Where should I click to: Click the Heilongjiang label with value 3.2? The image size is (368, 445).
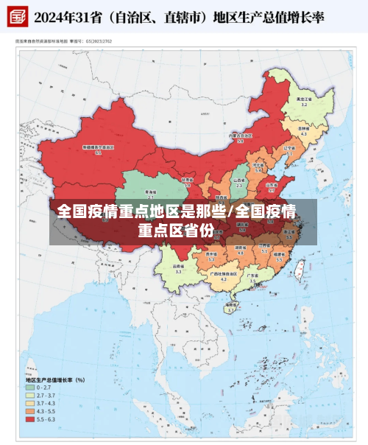pyautogui.click(x=304, y=102)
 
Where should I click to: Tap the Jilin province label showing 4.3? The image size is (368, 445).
pyautogui.click(x=303, y=131)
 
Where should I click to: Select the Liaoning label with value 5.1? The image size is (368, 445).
pyautogui.click(x=289, y=150)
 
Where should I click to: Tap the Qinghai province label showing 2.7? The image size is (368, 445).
pyautogui.click(x=151, y=194)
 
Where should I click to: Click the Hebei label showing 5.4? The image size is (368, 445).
pyautogui.click(x=258, y=168)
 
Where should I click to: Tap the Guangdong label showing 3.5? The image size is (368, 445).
pyautogui.click(x=252, y=278)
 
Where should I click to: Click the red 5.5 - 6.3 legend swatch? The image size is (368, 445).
pyautogui.click(x=30, y=420)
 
